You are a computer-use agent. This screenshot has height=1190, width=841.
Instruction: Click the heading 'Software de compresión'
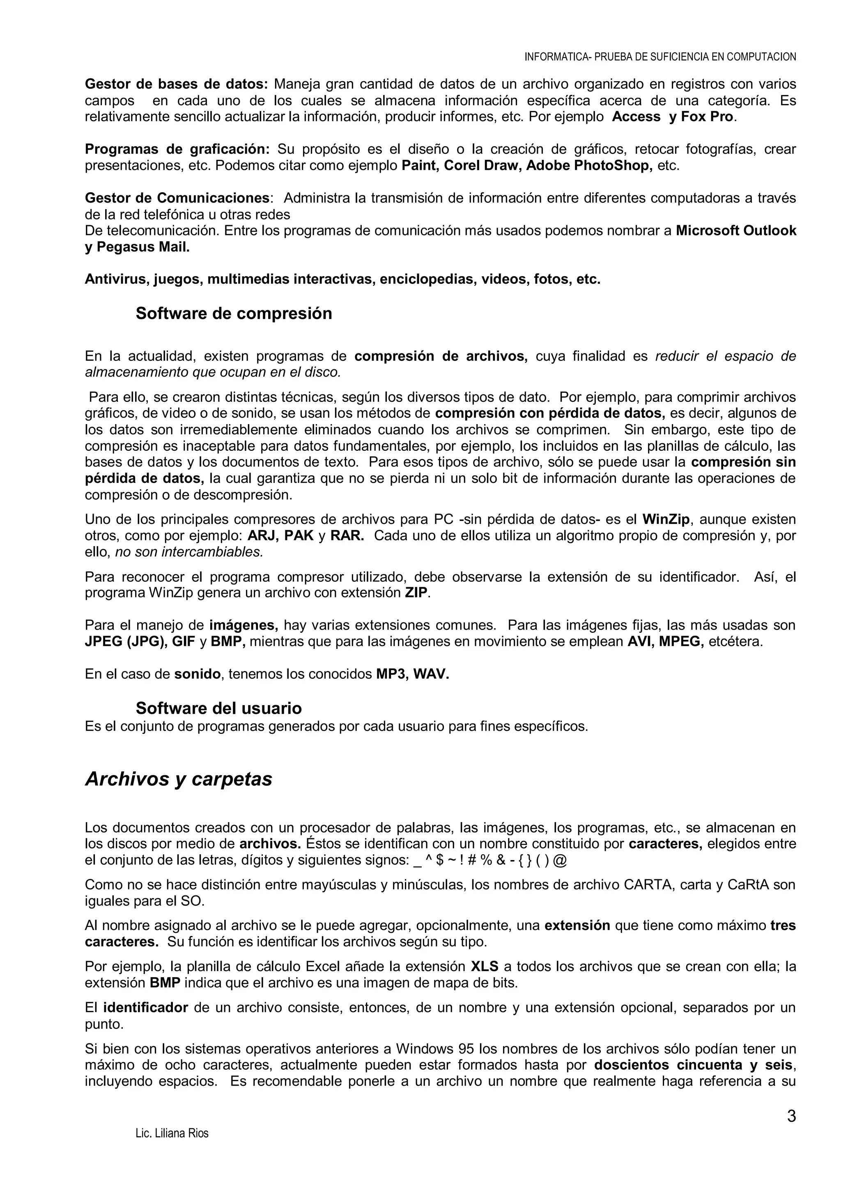pos(234,314)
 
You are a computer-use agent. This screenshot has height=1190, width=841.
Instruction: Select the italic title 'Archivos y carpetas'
pos(179,779)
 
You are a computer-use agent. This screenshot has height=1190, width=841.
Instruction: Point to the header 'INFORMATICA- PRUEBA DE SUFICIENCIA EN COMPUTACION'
pos(660,57)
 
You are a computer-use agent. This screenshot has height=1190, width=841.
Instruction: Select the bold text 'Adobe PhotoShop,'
pos(589,166)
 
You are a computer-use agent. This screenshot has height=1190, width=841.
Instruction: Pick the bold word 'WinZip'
pos(666,519)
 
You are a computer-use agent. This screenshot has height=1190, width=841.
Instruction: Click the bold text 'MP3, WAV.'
pos(412,674)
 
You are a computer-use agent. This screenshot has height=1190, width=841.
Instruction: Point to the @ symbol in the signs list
pos(560,860)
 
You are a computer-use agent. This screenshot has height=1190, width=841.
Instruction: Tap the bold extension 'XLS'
pos(484,966)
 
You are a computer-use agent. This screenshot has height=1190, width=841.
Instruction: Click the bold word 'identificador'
pos(145,1008)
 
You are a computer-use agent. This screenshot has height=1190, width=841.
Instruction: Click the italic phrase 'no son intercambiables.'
pos(189,552)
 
